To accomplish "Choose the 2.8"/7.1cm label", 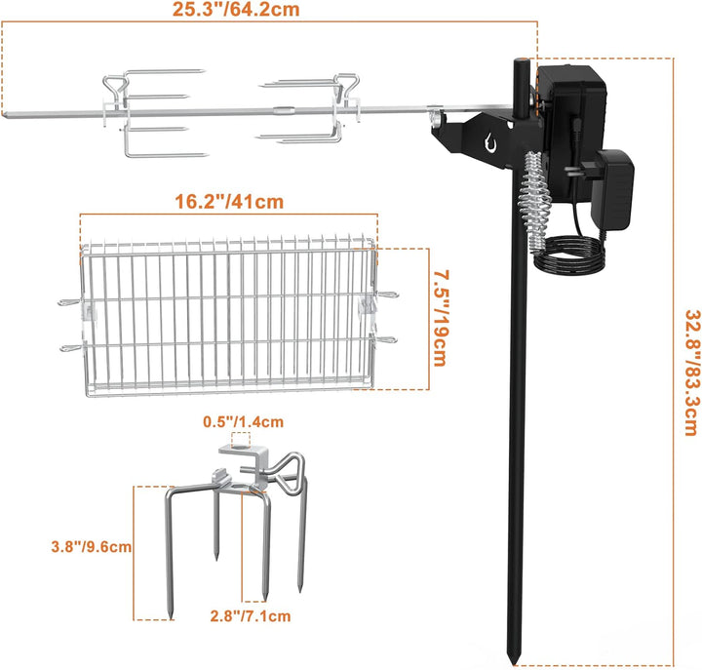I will [x=252, y=616].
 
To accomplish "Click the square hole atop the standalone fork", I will [x=237, y=449].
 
